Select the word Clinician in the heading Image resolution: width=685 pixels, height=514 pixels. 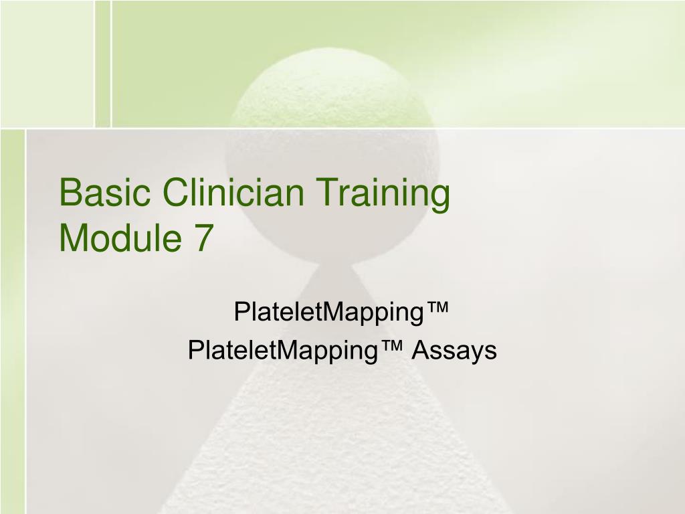point(226,194)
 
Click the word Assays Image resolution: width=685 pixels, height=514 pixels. point(454,351)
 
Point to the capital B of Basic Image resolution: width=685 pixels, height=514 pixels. point(70,194)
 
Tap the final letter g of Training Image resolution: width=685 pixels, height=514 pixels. point(439,198)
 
